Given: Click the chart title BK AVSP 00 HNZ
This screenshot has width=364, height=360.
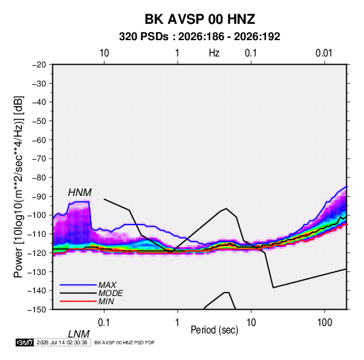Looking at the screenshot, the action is tap(200, 19).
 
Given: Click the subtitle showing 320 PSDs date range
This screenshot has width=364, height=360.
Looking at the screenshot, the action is tap(199, 37).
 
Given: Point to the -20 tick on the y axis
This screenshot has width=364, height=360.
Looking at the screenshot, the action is tap(39, 65).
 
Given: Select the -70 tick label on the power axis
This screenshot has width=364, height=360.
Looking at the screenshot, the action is tap(39, 159).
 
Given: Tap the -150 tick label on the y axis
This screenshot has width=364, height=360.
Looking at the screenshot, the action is tap(37, 310).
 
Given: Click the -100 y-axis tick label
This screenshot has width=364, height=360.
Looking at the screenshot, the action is tap(37, 215).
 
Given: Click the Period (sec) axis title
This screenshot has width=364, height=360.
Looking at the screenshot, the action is tap(214, 330).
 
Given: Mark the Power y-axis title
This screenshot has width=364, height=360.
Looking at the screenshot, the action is tap(18, 187).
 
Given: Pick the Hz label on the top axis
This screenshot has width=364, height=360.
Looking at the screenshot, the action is tap(214, 53).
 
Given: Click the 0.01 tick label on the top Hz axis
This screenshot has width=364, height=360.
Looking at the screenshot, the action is tap(324, 53).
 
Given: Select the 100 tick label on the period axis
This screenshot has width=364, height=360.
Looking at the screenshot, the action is tap(325, 323).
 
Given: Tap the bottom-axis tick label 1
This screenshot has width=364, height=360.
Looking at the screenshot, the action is tap(177, 323).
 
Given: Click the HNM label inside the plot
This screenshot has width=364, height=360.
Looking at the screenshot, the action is tap(80, 193).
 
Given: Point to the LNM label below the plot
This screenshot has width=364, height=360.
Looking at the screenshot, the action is tap(79, 334).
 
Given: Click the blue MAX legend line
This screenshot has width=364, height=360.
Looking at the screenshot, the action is tap(78, 285).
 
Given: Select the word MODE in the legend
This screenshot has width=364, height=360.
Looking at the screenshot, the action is tap(110, 293).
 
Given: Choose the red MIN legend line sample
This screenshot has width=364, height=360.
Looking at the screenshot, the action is tap(78, 301).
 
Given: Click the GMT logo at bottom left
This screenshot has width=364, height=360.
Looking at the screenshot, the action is tap(24, 342).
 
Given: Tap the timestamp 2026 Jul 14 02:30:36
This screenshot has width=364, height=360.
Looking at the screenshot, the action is tap(62, 342).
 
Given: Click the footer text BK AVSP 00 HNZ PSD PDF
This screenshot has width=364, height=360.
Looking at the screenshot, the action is tap(125, 342).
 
